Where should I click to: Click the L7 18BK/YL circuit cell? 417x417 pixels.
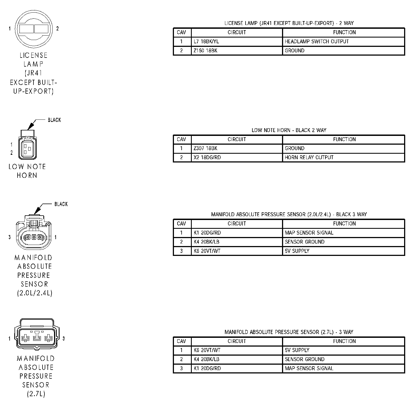tap(206, 42)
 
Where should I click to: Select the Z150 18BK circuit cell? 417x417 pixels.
tap(205, 51)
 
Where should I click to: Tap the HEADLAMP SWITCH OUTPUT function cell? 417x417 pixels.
tap(317, 42)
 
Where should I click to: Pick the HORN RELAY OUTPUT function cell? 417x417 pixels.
tap(309, 158)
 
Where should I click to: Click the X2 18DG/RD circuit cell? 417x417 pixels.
tap(207, 158)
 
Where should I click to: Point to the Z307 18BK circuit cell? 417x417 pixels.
tap(205, 148)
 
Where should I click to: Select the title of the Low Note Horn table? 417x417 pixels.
tap(289, 130)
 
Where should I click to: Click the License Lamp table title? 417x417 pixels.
tap(289, 23)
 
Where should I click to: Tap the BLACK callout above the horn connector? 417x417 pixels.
tap(54, 120)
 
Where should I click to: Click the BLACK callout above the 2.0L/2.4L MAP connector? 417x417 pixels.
tap(61, 204)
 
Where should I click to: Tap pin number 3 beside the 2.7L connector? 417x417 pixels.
tap(64, 339)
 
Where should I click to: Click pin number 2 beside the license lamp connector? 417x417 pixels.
tap(57, 28)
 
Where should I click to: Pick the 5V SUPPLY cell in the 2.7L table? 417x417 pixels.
tap(297, 350)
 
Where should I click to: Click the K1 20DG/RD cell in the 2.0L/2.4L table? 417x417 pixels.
tap(207, 233)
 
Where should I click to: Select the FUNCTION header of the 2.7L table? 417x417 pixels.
tap(344, 341)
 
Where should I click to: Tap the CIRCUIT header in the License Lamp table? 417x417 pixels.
tap(236, 32)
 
